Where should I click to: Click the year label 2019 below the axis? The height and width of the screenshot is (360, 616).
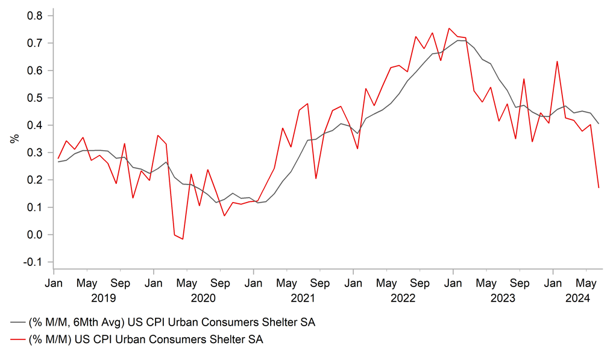click(103, 298)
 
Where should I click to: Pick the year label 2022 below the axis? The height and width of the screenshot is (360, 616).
click(403, 298)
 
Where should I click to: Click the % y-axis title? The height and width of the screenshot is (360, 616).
click(14, 139)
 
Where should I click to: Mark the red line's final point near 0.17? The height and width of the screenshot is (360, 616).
click(599, 188)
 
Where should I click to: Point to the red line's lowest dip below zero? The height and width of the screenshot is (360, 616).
click(183, 239)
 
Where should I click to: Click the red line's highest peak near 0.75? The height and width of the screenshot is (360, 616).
click(449, 28)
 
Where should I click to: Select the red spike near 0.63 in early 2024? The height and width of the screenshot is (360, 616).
click(557, 62)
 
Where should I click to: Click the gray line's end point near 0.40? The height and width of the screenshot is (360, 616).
click(599, 124)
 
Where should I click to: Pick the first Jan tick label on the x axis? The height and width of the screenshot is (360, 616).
click(54, 283)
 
